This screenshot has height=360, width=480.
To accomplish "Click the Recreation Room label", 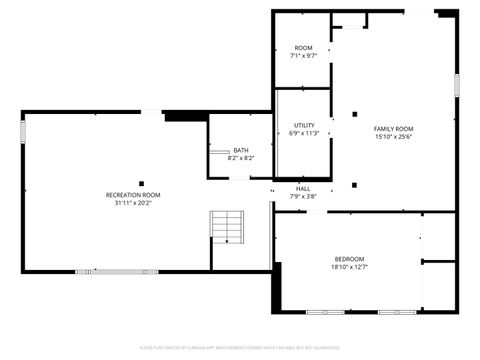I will [x=133, y=194].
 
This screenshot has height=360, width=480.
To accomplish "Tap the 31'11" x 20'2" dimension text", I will [x=133, y=203].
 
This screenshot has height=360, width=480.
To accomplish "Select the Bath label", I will [x=241, y=150].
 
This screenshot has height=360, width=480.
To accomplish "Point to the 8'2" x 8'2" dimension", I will [x=241, y=158].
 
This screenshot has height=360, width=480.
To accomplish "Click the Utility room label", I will [x=304, y=125].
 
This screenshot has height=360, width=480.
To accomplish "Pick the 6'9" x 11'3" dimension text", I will [x=304, y=133].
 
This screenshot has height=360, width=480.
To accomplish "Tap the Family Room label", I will [x=393, y=129].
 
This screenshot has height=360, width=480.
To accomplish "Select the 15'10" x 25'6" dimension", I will [x=393, y=137].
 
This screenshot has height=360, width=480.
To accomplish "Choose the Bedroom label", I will [x=349, y=259].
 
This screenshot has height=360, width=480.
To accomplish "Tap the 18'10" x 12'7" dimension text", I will [x=349, y=267].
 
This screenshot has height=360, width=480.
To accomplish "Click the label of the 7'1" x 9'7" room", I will [x=303, y=48].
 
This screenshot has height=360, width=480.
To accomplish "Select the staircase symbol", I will [x=227, y=227].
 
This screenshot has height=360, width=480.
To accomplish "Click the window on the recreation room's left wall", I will [x=24, y=132].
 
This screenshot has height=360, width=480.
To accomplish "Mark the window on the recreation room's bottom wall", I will [x=102, y=271].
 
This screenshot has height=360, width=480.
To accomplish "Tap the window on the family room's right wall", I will [x=457, y=85].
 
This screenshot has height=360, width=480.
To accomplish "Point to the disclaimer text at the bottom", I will [x=240, y=347].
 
